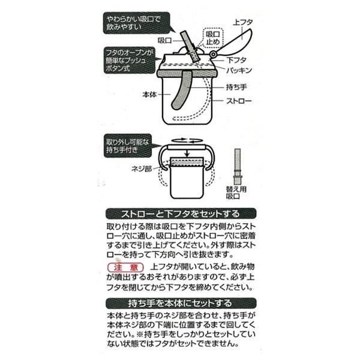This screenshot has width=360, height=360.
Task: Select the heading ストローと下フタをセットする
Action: (180, 213)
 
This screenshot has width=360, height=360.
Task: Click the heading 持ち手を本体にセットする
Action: (180, 302)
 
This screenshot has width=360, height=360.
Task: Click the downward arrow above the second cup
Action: (187, 155)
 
